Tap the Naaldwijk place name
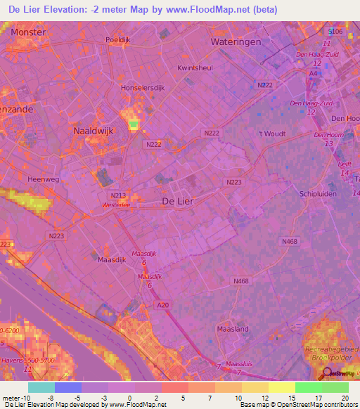tap(94, 131)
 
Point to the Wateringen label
tap(236, 42)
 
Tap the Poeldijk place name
tap(119, 41)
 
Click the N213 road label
tap(117, 195)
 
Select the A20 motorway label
tap(163, 304)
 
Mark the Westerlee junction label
tap(117, 206)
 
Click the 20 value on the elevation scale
tap(345, 398)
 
